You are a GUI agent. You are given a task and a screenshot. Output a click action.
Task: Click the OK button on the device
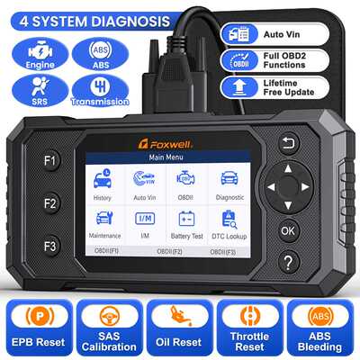point(287,229)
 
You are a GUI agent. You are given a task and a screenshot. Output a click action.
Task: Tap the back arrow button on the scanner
point(287,143)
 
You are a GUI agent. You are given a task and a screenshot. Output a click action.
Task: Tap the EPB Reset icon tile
point(37,323)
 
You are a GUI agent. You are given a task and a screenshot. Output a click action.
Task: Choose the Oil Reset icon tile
point(180,323)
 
